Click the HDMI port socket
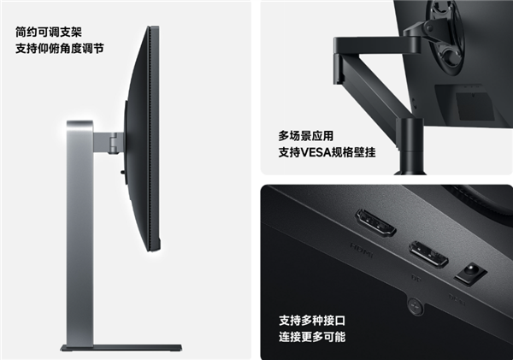[375, 223]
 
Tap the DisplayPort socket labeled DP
[428, 255]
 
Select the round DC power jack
[470, 272]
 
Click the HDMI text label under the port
[362, 250]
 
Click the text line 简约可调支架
[49, 32]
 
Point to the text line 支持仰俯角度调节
[60, 49]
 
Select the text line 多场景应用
[306, 136]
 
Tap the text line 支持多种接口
[312, 321]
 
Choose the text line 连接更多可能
[312, 337]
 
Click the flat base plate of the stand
[121, 348]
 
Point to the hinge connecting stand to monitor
[113, 142]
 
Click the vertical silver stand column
[80, 233]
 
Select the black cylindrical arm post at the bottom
[410, 145]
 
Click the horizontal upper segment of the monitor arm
[376, 45]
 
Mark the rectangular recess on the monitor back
[475, 106]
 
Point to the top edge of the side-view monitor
[154, 27]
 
